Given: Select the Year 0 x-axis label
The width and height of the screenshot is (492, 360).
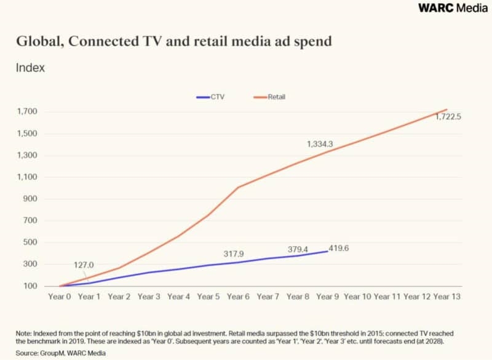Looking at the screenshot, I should click(60, 297).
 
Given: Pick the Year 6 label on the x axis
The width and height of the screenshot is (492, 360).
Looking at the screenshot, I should click(238, 297).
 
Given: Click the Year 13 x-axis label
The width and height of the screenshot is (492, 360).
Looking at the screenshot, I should click(447, 297).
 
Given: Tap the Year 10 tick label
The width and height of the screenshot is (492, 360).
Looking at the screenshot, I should click(358, 297).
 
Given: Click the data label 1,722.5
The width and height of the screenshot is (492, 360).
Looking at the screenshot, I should click(448, 117).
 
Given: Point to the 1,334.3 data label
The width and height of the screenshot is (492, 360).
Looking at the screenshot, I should click(320, 144).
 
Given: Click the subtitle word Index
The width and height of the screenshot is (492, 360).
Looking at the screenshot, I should click(30, 68).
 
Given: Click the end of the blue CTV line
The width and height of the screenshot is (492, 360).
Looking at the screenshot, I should click(328, 251).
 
